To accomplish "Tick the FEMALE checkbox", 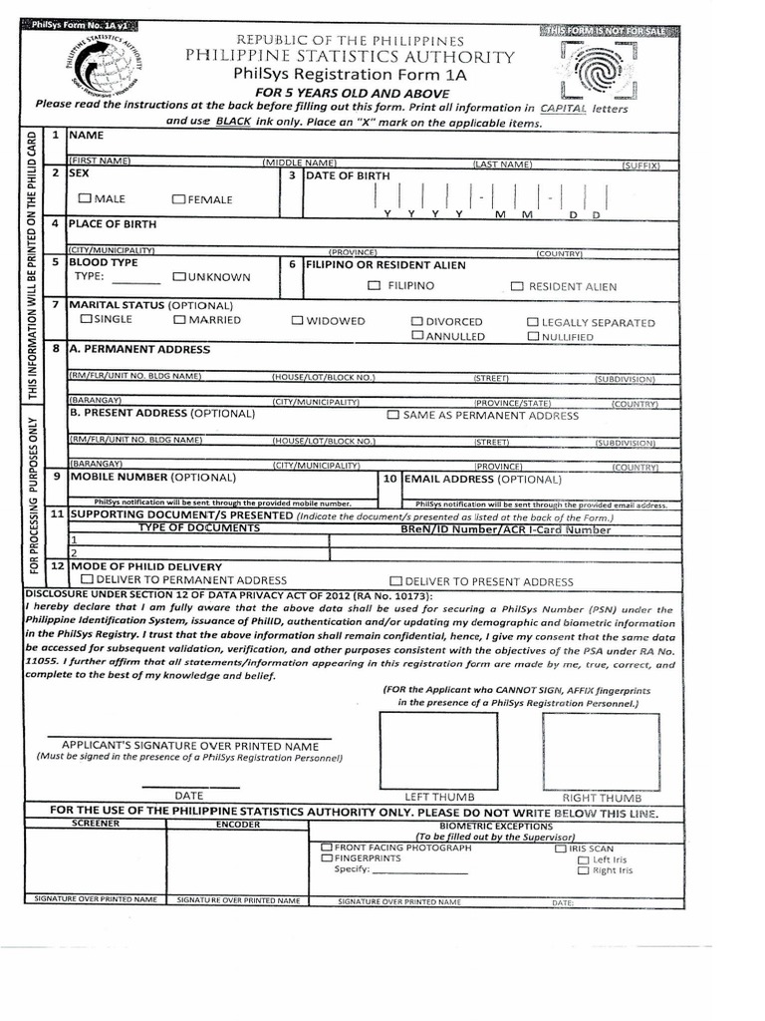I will pyautogui.click(x=178, y=198).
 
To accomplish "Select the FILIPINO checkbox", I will pyautogui.click(x=374, y=286).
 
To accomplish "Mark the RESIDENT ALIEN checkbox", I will pyautogui.click(x=516, y=286).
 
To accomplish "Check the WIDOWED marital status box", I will pyautogui.click(x=298, y=321).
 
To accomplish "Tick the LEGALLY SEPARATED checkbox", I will pyautogui.click(x=533, y=322).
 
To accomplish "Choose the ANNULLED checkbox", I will pyautogui.click(x=418, y=337).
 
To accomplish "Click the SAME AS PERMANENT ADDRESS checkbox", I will pyautogui.click(x=392, y=414).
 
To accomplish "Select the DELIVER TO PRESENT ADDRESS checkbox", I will pyautogui.click(x=395, y=580).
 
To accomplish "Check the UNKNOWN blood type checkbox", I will pyautogui.click(x=179, y=276).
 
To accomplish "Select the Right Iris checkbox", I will pyautogui.click(x=584, y=870).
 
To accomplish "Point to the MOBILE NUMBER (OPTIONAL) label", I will pyautogui.click(x=151, y=477).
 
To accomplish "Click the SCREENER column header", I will pyautogui.click(x=95, y=826).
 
